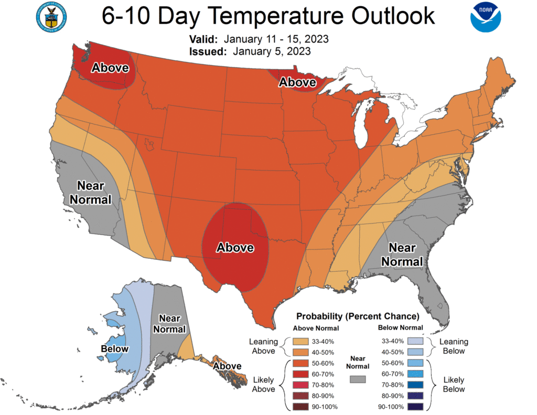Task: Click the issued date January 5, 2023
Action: click(270, 51)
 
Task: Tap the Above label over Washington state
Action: click(110, 68)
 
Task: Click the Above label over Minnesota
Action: click(297, 82)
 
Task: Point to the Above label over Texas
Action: click(235, 247)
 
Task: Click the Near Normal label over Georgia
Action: click(402, 254)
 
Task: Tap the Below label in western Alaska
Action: click(115, 349)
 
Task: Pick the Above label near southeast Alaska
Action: click(227, 366)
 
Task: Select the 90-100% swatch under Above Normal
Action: click(299, 407)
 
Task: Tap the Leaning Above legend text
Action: click(263, 346)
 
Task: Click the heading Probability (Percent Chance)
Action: click(358, 316)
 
